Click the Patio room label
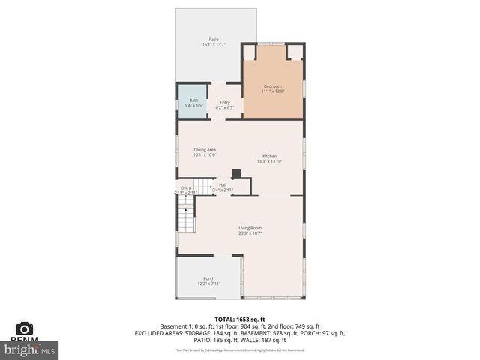(x=213, y=39)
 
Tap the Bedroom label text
(x=274, y=86)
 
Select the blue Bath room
(x=193, y=103)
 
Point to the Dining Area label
(x=205, y=150)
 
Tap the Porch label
(x=208, y=278)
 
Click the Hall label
(x=223, y=184)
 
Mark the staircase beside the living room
(x=185, y=217)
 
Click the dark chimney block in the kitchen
(x=235, y=174)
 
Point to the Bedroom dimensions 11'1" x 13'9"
(x=274, y=91)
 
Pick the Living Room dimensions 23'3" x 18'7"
(x=250, y=233)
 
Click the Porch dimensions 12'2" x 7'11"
(x=208, y=283)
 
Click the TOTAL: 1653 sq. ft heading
(x=239, y=319)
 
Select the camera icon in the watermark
(x=25, y=328)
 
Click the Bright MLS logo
(x=30, y=349)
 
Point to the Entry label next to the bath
(x=225, y=102)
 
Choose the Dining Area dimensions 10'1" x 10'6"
(x=205, y=155)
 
